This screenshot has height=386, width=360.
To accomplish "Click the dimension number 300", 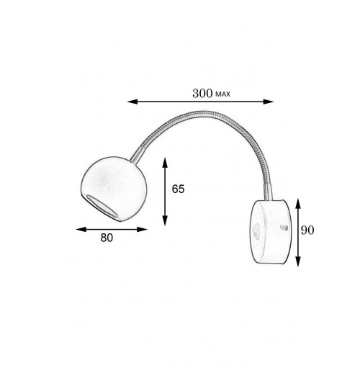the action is point(202,94).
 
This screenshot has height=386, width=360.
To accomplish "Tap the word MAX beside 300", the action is point(222,94).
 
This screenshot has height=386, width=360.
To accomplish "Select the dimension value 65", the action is point(178,189).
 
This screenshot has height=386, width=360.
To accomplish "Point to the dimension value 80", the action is point(107,238).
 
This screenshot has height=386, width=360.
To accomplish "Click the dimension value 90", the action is point(307,230).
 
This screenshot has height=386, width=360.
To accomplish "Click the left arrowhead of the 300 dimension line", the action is point(132,102).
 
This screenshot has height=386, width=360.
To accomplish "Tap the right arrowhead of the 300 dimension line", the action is point(269,102).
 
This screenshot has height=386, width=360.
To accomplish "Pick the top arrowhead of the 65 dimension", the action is point(165,163).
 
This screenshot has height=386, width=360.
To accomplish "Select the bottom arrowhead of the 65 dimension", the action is point(165,220).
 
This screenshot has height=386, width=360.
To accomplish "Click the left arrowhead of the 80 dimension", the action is point(81,230).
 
